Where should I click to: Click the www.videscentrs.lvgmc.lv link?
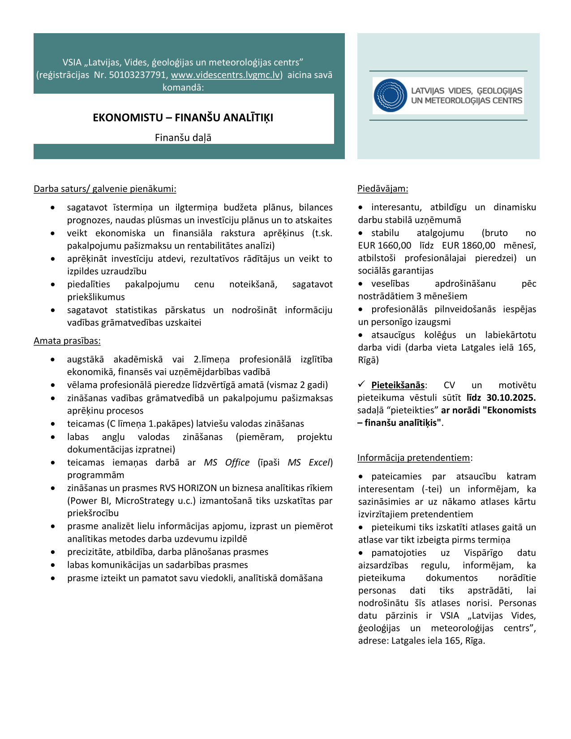[226, 75]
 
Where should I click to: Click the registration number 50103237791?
[138, 75]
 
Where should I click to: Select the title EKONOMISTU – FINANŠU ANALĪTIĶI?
[183, 117]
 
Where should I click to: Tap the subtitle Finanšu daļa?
[183, 138]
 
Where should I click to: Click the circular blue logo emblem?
[390, 95]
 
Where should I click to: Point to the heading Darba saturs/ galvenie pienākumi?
[105, 189]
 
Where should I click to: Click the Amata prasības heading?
[67, 341]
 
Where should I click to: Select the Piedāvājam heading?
[382, 189]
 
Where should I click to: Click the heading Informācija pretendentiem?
[414, 458]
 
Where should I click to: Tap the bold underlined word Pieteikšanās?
[398, 385]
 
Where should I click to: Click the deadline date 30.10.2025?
[511, 398]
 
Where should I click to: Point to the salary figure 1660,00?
[394, 246]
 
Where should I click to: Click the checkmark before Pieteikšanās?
[362, 385]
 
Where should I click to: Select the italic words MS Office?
[227, 462]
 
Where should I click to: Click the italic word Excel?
[320, 462]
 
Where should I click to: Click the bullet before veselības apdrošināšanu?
[361, 284]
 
